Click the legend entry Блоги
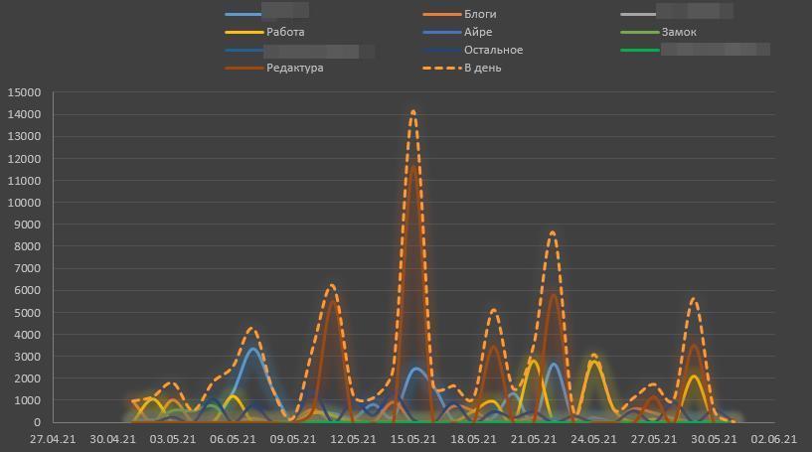(x=480, y=14)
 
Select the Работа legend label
(x=285, y=32)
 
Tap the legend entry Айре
(x=478, y=32)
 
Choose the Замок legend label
(x=679, y=32)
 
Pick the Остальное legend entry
(x=493, y=50)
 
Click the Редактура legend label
(x=294, y=68)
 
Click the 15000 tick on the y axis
(x=24, y=92)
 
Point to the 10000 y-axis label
(x=24, y=203)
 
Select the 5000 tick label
(x=27, y=313)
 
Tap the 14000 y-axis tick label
(x=24, y=114)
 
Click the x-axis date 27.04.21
(x=52, y=438)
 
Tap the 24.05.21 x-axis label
(x=594, y=438)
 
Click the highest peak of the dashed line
(x=413, y=112)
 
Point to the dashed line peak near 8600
(x=554, y=232)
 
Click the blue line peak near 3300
(x=253, y=350)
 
